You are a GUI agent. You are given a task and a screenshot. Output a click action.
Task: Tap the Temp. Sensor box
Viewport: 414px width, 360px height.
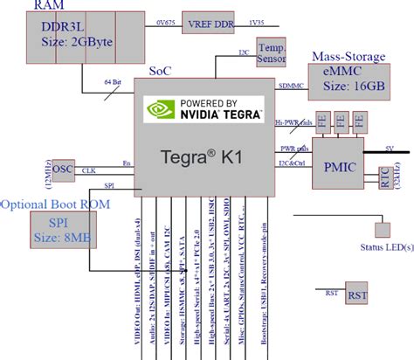click(x=271, y=52)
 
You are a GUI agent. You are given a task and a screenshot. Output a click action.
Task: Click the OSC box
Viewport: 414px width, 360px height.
click(x=63, y=169)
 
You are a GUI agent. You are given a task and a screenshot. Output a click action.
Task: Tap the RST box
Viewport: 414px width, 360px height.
click(x=356, y=295)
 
